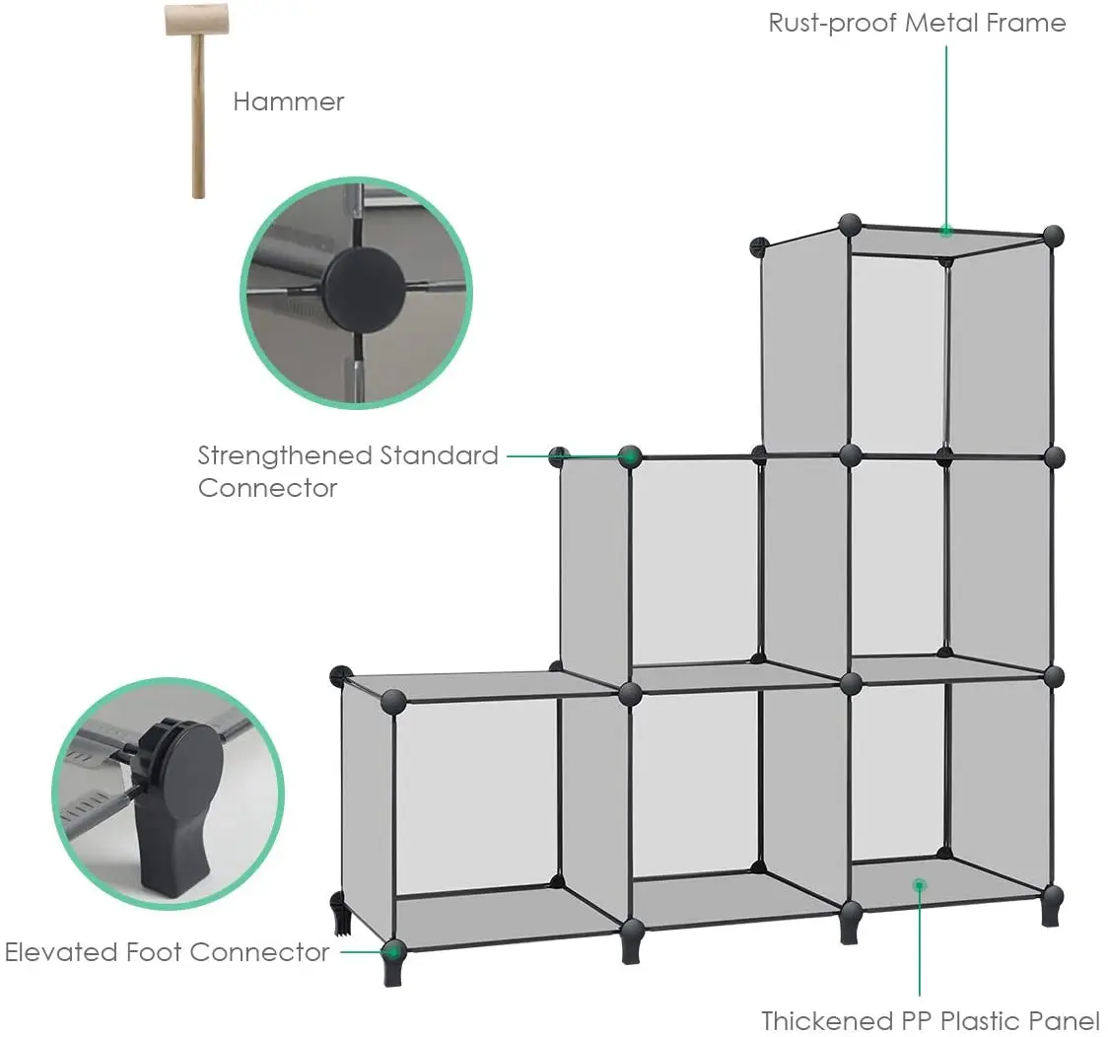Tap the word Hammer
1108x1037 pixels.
click(x=288, y=102)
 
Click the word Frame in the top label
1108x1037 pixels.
click(x=1026, y=23)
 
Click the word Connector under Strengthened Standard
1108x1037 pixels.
click(x=267, y=488)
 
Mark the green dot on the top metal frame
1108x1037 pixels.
click(x=946, y=232)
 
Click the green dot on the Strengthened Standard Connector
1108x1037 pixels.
click(x=630, y=456)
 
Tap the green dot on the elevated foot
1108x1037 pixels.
click(x=393, y=951)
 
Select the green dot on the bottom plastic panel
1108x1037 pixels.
click(x=919, y=885)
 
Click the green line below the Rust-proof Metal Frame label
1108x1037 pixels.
click(x=946, y=128)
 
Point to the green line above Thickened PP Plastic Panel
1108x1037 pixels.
click(x=919, y=946)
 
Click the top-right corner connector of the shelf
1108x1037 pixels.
click(x=1053, y=236)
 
